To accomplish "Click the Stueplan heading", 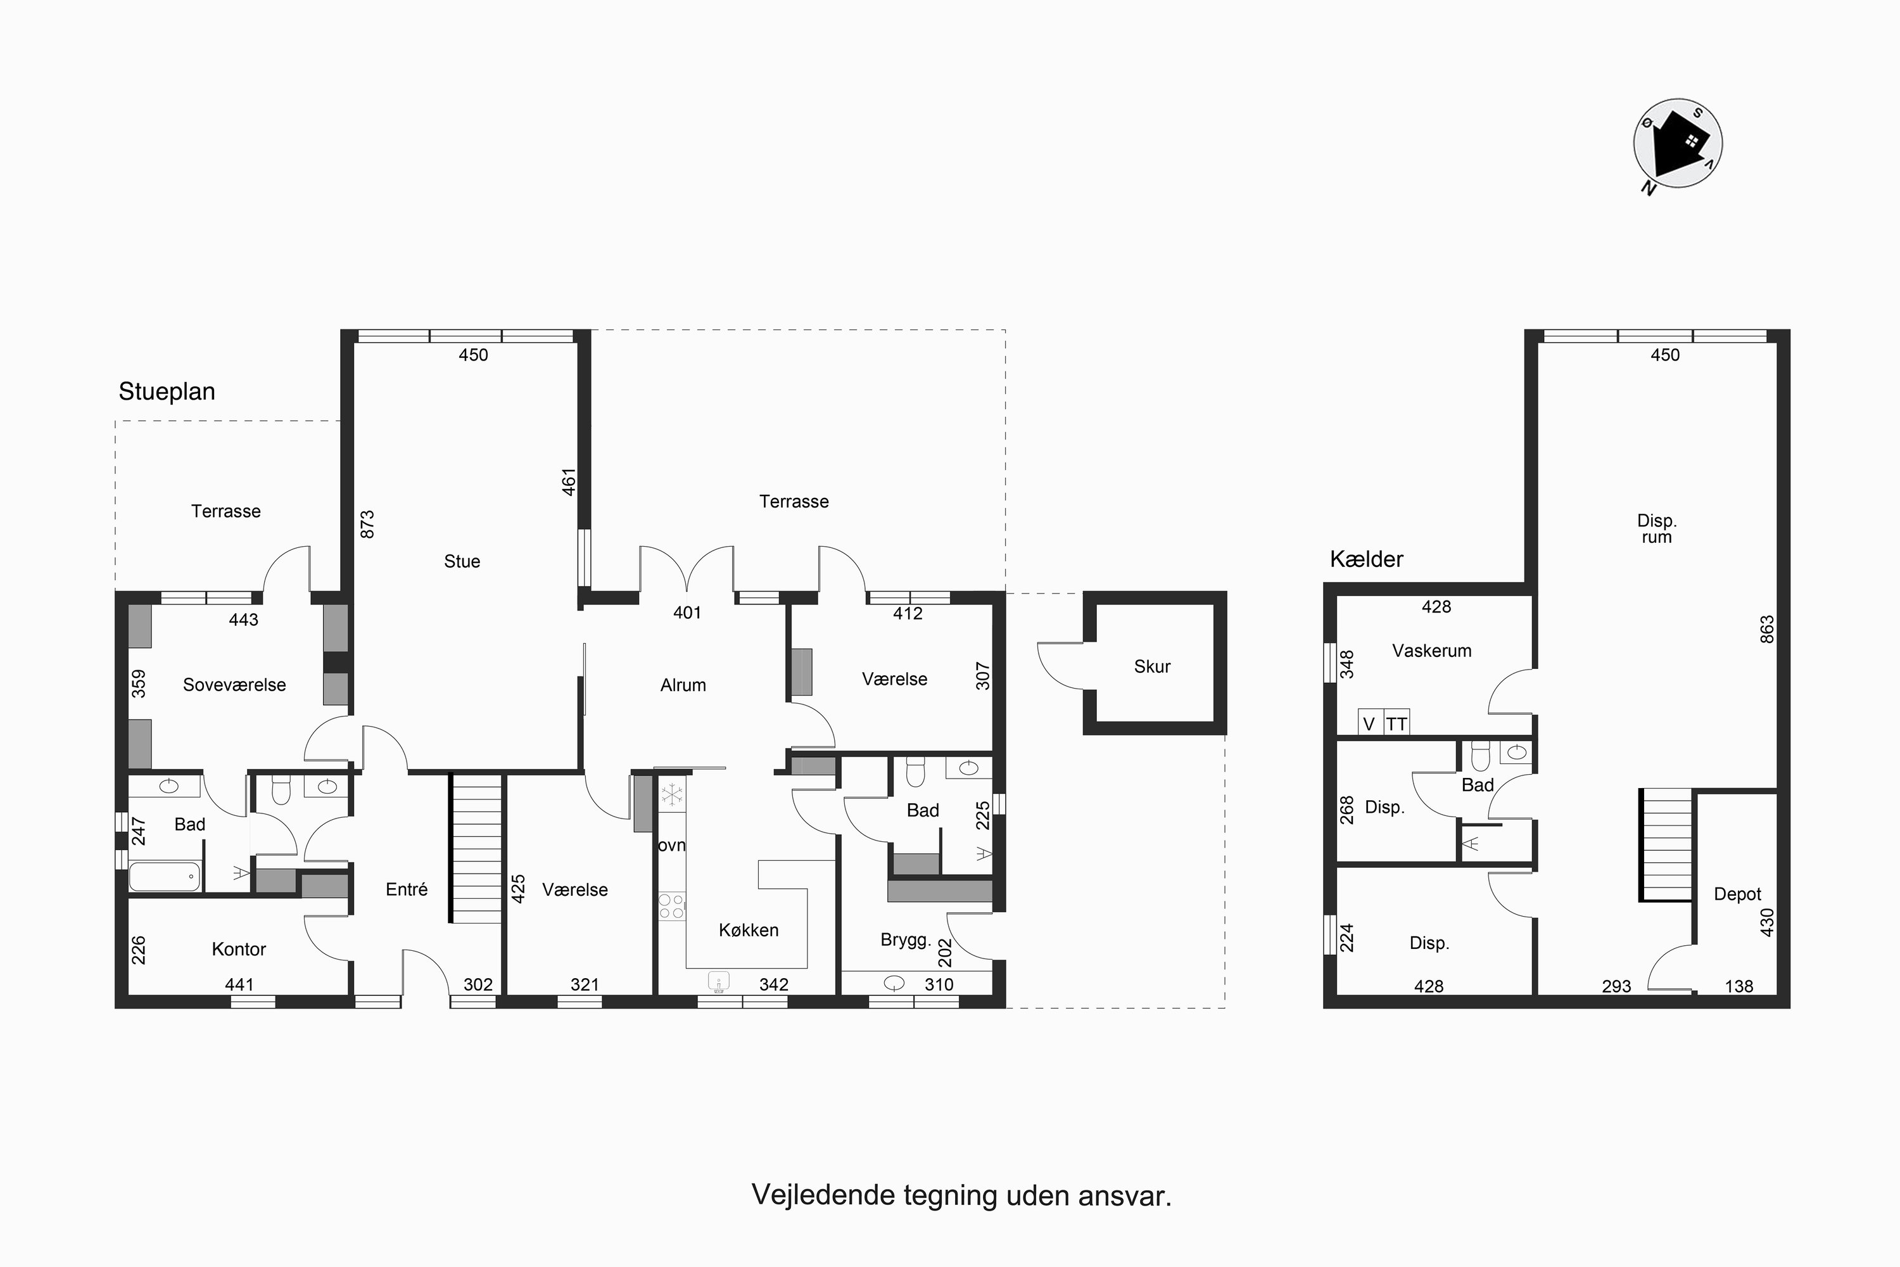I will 167,391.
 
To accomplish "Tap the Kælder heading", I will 1366,559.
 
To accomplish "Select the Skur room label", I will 1151,666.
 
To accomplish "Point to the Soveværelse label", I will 234,685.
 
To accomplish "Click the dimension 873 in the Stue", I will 367,525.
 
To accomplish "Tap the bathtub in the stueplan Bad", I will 164,877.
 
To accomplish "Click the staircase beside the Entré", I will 477,848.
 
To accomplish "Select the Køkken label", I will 748,930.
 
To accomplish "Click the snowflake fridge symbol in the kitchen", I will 671,795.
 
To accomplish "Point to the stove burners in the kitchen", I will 671,906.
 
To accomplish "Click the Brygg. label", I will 906,941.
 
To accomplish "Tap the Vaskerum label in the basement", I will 1431,651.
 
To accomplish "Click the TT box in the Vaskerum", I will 1396,724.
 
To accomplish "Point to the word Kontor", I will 238,950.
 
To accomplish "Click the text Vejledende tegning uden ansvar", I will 961,1195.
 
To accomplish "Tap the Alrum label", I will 683,685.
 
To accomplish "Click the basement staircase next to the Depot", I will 1666,844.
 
